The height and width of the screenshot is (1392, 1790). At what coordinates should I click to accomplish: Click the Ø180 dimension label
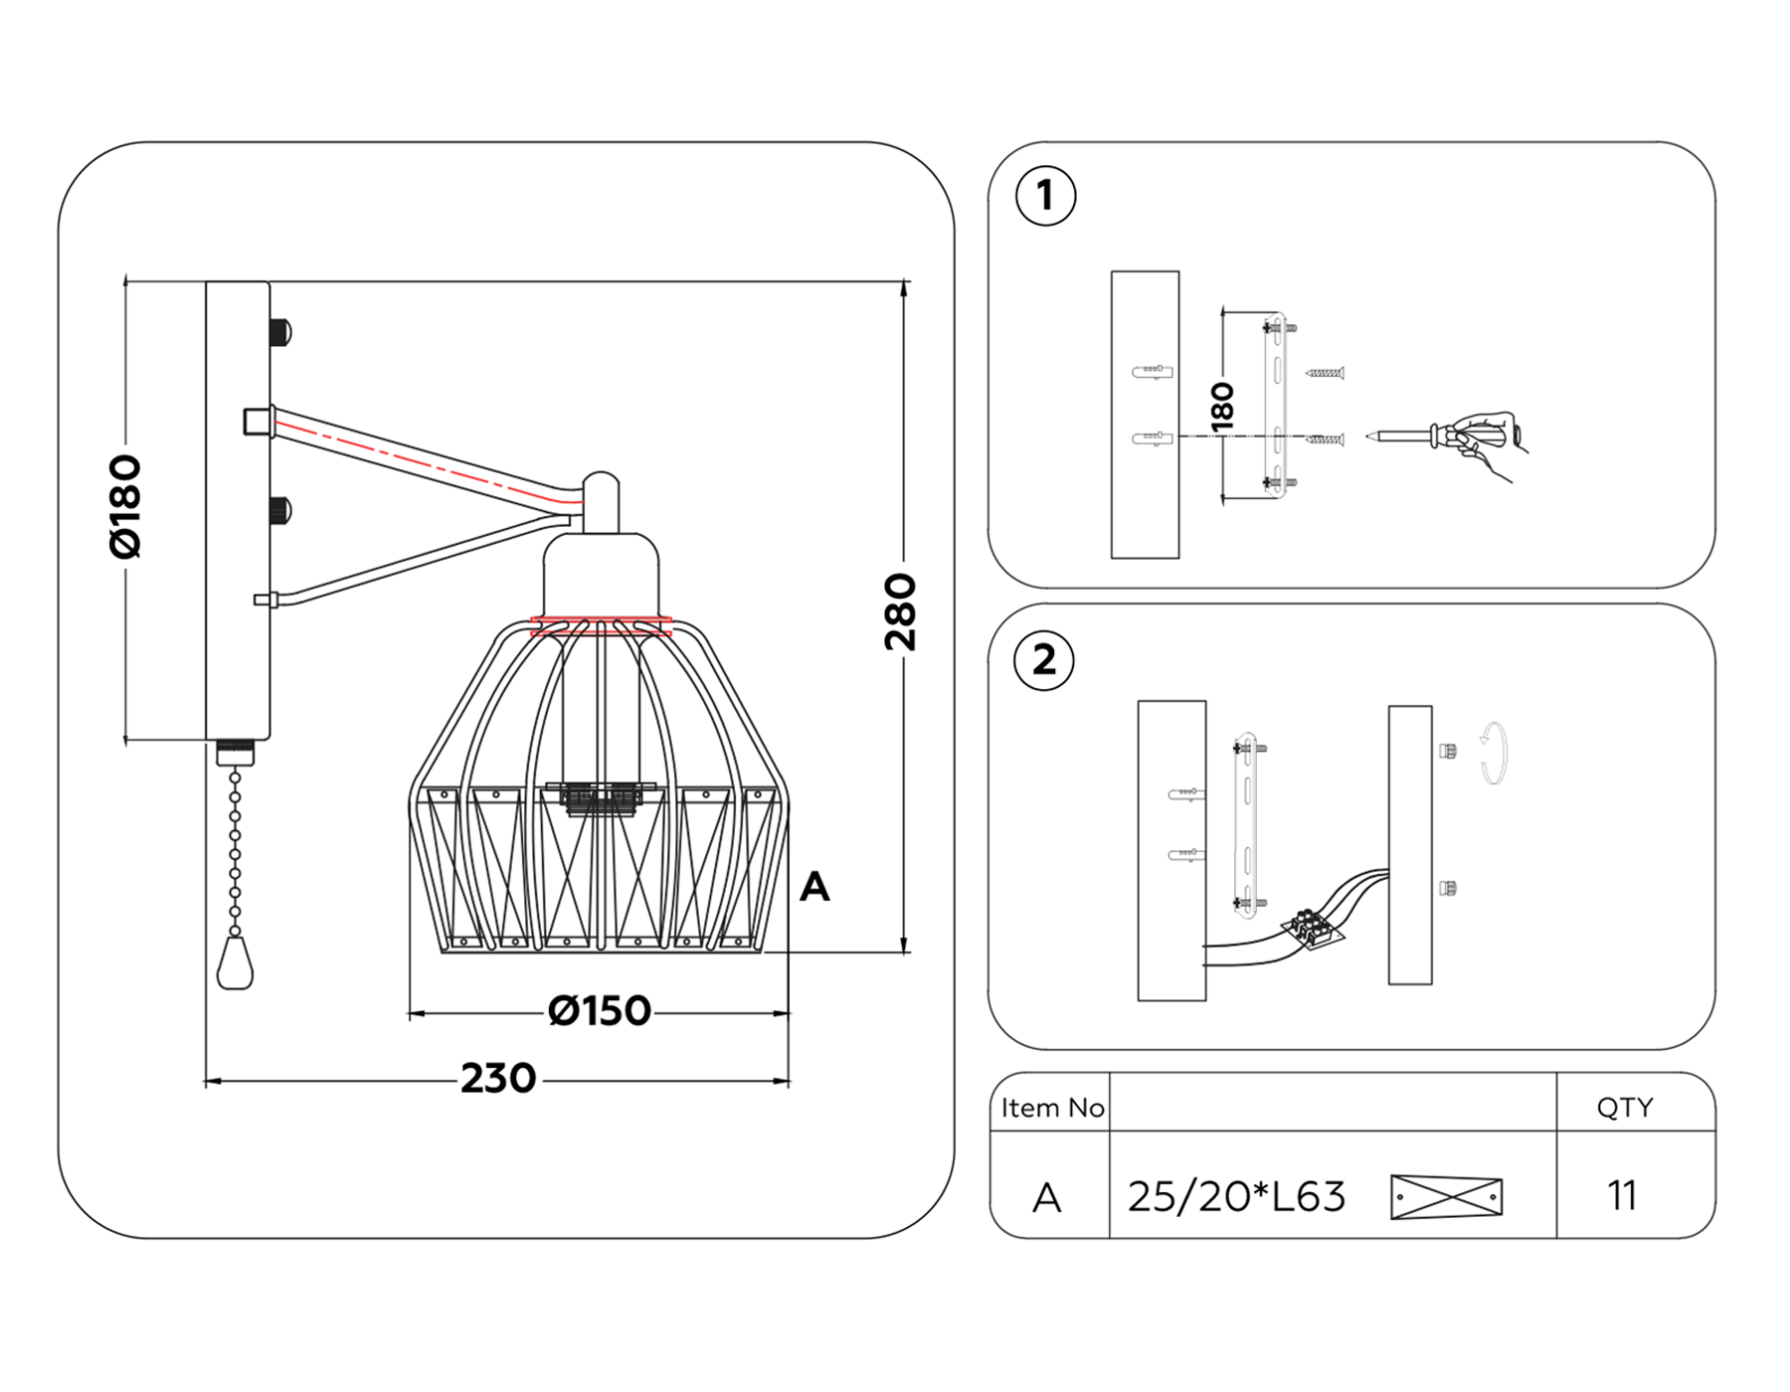(x=126, y=506)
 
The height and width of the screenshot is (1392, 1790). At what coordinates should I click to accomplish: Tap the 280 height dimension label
(x=900, y=611)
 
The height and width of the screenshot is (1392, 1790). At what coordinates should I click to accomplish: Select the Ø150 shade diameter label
(x=599, y=1011)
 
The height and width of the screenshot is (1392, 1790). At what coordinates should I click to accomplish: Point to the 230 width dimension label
(x=497, y=1079)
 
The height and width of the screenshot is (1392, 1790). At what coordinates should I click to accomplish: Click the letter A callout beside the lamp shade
(x=814, y=886)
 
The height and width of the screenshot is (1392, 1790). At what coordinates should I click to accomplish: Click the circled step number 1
(x=1045, y=196)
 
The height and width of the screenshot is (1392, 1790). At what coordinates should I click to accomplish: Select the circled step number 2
(x=1043, y=660)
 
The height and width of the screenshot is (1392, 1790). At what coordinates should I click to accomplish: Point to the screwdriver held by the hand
(x=1412, y=435)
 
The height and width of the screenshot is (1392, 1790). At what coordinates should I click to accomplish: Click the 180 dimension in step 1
(x=1222, y=407)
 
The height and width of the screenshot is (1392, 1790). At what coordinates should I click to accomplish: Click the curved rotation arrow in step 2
(x=1493, y=754)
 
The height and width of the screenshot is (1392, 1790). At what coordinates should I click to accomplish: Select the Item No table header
(x=1052, y=1108)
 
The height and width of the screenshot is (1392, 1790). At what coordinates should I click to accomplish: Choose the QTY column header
(x=1624, y=1108)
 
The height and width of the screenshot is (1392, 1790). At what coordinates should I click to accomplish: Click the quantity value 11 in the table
(x=1622, y=1195)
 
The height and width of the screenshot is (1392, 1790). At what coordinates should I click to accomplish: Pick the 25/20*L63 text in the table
(x=1236, y=1197)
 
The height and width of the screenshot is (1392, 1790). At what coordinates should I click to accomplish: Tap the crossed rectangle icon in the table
(x=1446, y=1196)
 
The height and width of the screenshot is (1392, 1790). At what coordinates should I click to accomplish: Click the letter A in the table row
(x=1046, y=1198)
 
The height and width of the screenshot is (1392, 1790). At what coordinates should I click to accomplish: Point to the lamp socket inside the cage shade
(x=601, y=796)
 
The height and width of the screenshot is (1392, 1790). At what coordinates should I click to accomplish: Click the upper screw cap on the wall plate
(x=280, y=331)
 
